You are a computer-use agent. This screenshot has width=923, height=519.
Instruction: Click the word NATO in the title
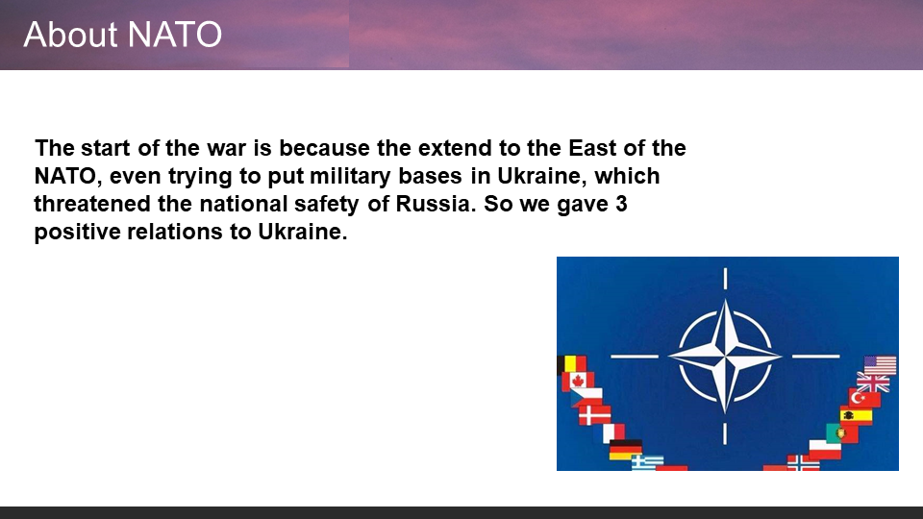click(174, 35)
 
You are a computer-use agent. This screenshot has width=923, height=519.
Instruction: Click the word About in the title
click(70, 35)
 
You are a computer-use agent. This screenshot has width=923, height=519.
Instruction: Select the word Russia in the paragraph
click(435, 204)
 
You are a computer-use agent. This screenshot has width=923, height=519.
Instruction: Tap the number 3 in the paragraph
click(621, 204)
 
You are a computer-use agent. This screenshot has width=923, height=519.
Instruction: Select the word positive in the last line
click(77, 232)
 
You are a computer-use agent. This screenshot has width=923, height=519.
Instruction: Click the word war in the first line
click(227, 148)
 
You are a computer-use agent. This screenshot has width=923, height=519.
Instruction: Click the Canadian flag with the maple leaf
click(578, 381)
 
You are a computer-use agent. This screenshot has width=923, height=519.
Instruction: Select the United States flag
click(880, 365)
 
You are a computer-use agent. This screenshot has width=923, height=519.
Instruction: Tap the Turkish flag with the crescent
click(864, 398)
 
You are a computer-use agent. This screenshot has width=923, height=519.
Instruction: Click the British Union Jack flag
click(874, 383)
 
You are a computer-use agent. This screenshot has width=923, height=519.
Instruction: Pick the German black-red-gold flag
click(625, 449)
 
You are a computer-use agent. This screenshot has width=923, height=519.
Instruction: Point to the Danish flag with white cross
click(594, 415)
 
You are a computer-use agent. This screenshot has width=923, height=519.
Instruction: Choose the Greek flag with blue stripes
click(647, 462)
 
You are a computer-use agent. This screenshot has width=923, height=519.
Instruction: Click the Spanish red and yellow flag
click(856, 415)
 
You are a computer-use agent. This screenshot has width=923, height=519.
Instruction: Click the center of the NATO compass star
click(725, 356)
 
